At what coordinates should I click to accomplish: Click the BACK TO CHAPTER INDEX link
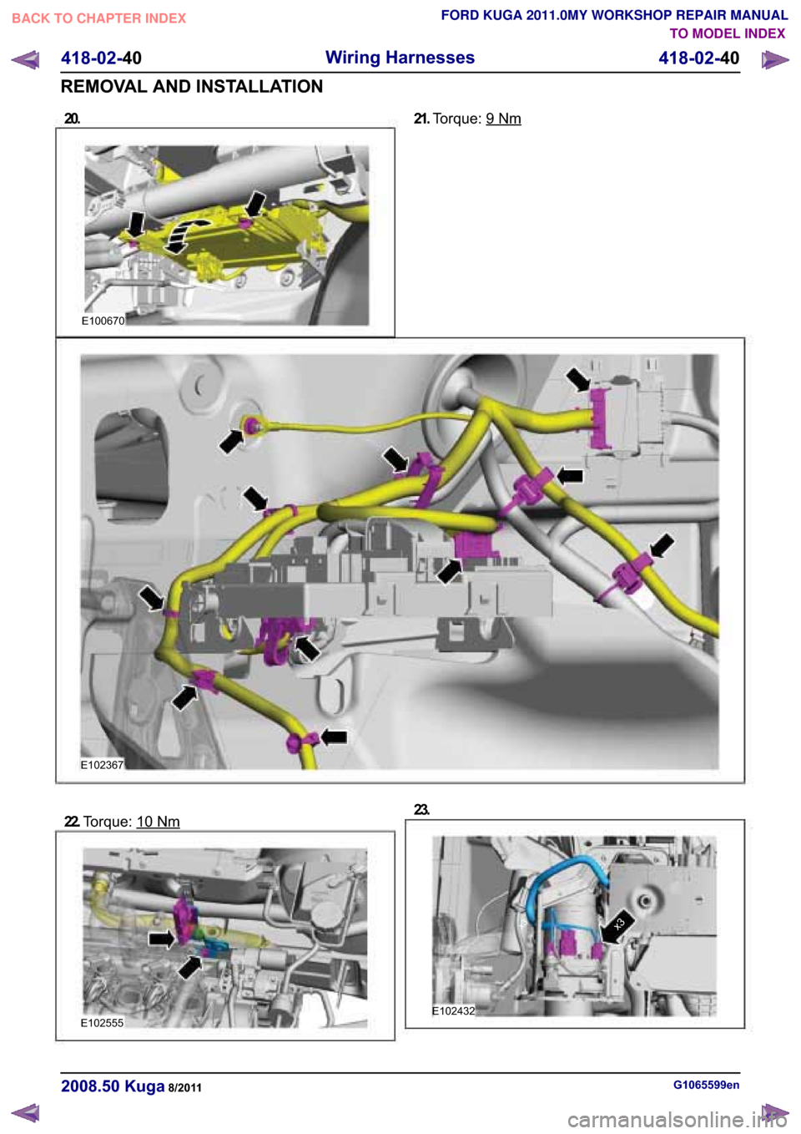(99, 18)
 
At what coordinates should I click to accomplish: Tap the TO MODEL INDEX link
(728, 33)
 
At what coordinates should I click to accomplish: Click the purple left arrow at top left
(25, 60)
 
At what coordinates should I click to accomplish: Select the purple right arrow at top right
(774, 60)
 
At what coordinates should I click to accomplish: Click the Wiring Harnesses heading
(400, 58)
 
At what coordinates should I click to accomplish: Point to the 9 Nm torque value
(503, 119)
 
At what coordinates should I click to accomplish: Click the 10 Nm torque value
(158, 821)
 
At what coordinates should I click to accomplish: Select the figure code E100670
(103, 321)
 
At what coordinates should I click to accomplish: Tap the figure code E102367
(102, 765)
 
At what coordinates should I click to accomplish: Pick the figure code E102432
(454, 1011)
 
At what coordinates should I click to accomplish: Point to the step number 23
(421, 809)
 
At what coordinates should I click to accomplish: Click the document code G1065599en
(707, 1085)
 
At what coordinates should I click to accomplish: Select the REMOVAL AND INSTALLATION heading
(192, 87)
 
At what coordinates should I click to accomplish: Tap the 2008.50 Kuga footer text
(113, 1086)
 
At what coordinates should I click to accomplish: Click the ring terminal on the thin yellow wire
(251, 425)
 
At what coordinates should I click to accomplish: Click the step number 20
(72, 119)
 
